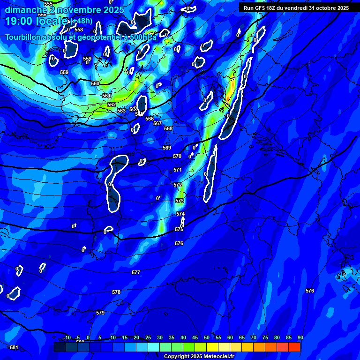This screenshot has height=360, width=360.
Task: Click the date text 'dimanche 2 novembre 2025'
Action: coord(64,10)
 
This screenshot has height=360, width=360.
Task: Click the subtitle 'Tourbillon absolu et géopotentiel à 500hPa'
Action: coord(81,37)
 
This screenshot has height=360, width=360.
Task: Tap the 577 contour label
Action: coord(136,272)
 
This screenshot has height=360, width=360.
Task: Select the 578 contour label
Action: coord(116,292)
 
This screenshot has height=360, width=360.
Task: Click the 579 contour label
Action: coord(100,313)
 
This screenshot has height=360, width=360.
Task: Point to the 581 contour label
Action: coord(14,347)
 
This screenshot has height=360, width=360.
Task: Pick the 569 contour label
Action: coord(167,148)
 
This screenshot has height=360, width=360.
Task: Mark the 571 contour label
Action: coord(178,170)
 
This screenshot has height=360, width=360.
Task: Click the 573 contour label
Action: coord(180,201)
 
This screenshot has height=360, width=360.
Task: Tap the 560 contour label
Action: coord(95,83)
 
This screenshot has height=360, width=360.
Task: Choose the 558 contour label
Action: coord(79,30)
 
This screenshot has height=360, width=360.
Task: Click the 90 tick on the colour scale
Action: coord(300,337)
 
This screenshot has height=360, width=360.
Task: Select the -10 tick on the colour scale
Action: coord(67,337)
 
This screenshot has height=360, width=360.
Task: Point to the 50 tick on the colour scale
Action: coord(207,337)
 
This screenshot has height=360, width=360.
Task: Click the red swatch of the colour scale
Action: coord(294,347)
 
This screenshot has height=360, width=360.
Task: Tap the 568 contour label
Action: coord(168,128)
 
